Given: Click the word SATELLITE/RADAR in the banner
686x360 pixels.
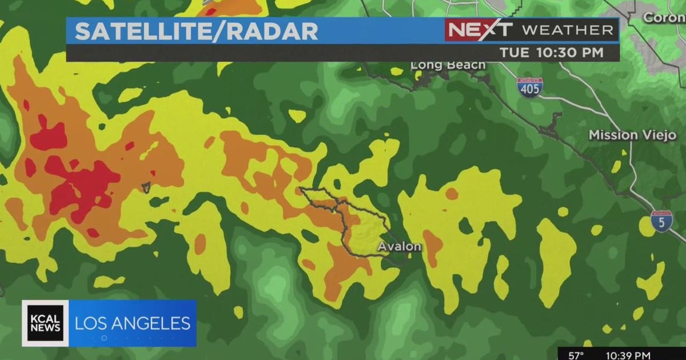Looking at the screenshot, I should tap(196, 31).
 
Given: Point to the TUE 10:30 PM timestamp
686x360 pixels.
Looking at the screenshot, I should tap(551, 53).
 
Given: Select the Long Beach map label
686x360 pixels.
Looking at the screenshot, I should tap(448, 65).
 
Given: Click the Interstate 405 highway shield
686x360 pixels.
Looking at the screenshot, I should tap(529, 87).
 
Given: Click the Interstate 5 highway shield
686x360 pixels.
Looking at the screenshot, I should tap(661, 221).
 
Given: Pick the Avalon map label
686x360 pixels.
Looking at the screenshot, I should tap(399, 247).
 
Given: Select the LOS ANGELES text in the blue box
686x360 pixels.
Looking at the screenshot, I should tap(133, 323).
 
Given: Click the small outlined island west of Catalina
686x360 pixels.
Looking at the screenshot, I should tap(146, 187).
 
